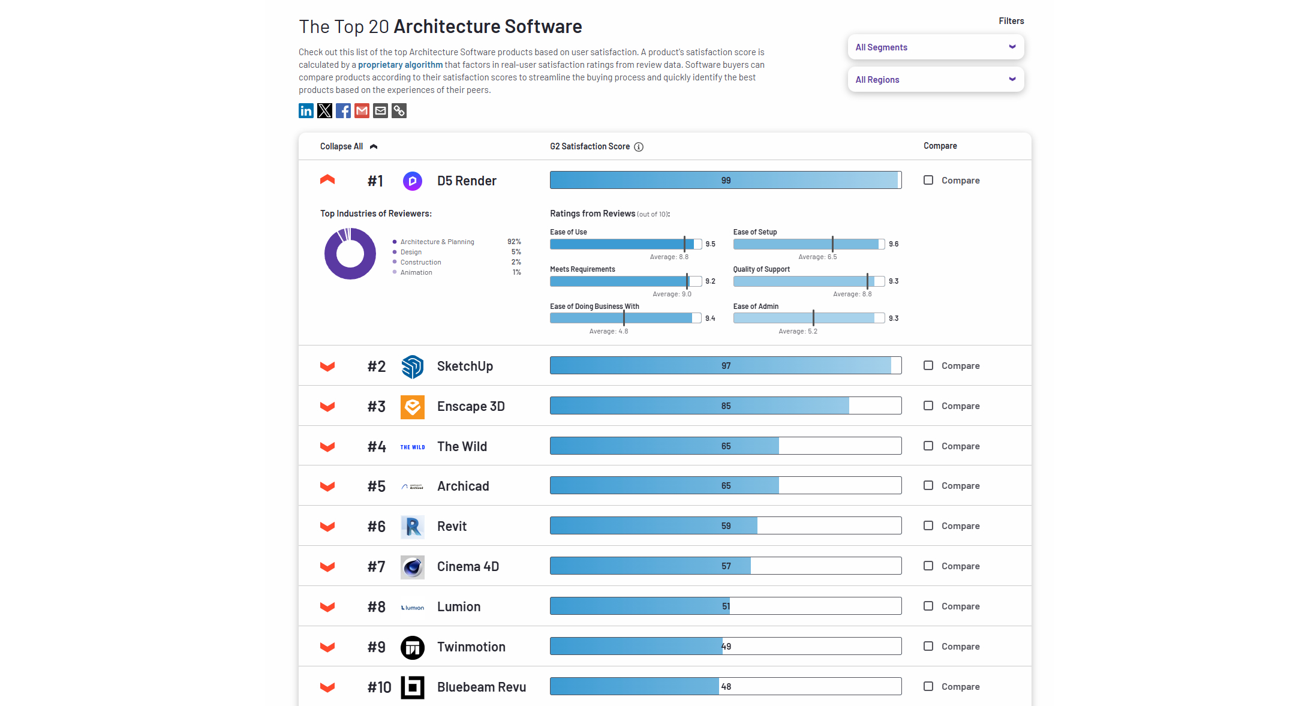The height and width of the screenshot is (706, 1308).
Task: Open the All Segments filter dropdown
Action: pyautogui.click(x=935, y=47)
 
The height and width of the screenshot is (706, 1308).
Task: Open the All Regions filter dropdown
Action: pyautogui.click(x=935, y=80)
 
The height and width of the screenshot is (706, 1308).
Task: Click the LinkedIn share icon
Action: pyautogui.click(x=306, y=111)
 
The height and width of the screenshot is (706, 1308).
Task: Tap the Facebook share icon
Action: pyautogui.click(x=343, y=111)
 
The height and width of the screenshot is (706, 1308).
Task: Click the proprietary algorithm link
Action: pyautogui.click(x=400, y=65)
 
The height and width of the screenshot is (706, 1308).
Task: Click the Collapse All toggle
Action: pyautogui.click(x=348, y=146)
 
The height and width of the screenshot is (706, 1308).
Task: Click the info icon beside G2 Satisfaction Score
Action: pyautogui.click(x=639, y=147)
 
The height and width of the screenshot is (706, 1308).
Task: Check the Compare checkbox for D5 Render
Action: pyautogui.click(x=928, y=180)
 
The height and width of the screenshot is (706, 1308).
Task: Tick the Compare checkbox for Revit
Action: pyautogui.click(x=928, y=525)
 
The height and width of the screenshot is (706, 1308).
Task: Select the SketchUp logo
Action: pyautogui.click(x=413, y=366)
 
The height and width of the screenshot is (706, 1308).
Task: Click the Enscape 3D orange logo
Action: pyautogui.click(x=413, y=407)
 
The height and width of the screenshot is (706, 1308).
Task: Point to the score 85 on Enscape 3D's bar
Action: pyautogui.click(x=726, y=406)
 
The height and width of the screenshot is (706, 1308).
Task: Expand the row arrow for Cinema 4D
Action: pyautogui.click(x=327, y=567)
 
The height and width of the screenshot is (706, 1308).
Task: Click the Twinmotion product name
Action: pyautogui.click(x=471, y=647)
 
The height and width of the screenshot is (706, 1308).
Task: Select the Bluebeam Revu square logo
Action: pyautogui.click(x=413, y=687)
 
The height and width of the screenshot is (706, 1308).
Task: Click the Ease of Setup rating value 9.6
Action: pyautogui.click(x=894, y=244)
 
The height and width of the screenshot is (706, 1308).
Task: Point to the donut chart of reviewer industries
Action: pyautogui.click(x=350, y=254)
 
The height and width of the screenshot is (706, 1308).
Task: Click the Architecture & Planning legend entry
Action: pyautogui.click(x=437, y=242)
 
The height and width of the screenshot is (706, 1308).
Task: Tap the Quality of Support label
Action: pyautogui.click(x=761, y=269)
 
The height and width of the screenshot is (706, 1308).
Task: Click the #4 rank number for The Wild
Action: pyautogui.click(x=377, y=447)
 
